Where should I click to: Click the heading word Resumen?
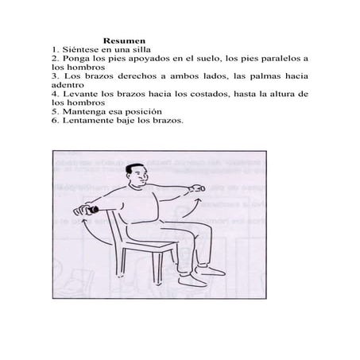click(x=124, y=41)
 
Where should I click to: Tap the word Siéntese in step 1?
click(x=79, y=49)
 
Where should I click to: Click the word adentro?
click(x=68, y=85)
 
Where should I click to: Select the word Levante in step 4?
click(x=80, y=94)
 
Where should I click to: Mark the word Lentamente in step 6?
click(x=88, y=121)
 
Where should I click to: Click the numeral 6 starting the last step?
click(x=54, y=121)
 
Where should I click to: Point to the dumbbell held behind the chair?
click(x=93, y=210)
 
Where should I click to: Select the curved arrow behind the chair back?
click(x=90, y=233)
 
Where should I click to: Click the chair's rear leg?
click(x=121, y=262)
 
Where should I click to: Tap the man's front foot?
click(x=190, y=281)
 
